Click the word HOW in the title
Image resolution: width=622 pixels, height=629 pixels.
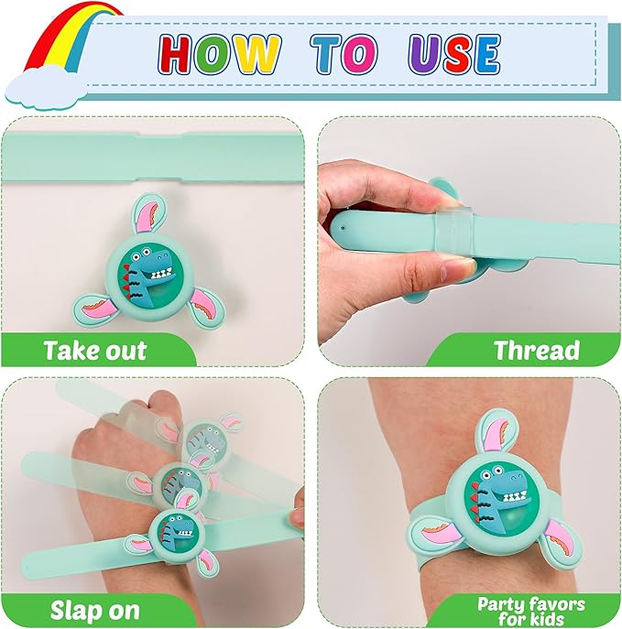(219, 54)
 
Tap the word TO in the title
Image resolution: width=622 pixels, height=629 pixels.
(344, 54)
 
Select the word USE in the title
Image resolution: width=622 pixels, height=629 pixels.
(454, 54)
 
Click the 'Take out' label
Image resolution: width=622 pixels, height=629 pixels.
(95, 351)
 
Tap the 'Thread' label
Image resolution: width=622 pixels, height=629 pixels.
(537, 350)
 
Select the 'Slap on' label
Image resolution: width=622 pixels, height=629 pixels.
(94, 611)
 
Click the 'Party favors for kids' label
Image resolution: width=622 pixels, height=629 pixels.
(531, 611)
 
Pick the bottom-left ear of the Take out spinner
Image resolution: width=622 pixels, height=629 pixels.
(93, 309)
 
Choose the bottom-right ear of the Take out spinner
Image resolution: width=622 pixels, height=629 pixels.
(204, 308)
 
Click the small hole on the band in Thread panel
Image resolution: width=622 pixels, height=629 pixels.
(343, 228)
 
